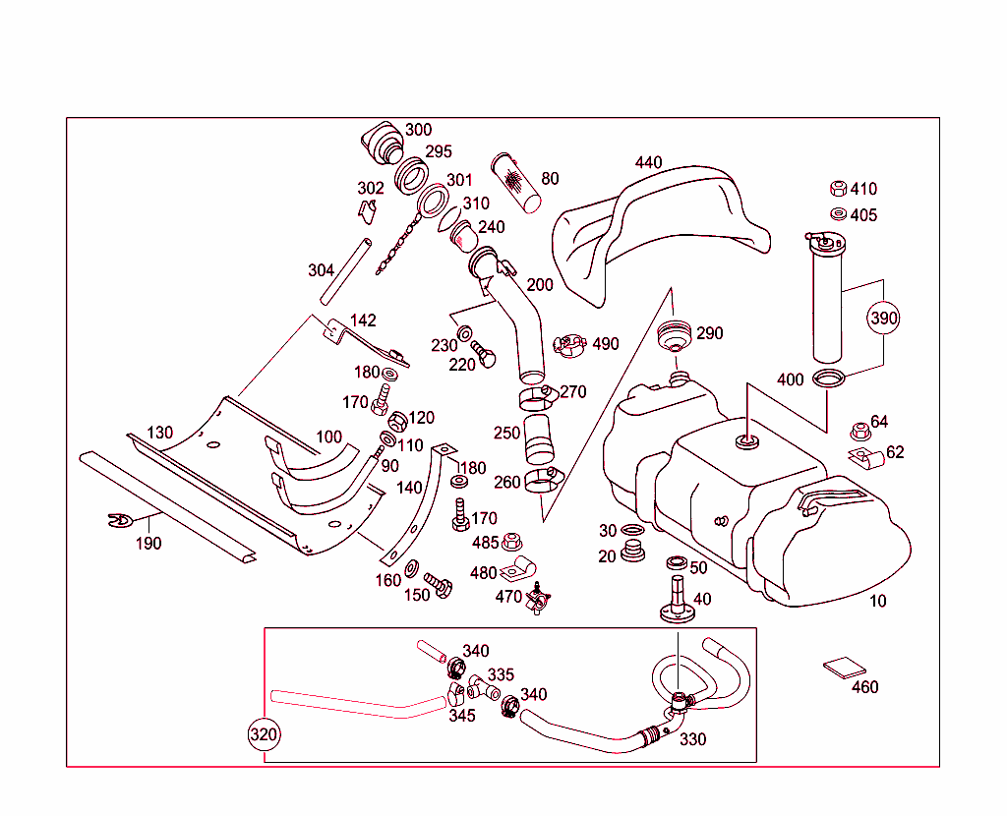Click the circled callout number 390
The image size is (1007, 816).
point(883,319)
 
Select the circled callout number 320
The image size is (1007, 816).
point(264,734)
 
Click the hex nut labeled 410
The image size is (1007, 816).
point(839,190)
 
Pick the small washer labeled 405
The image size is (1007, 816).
point(838,214)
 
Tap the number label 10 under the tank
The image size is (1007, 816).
point(877,601)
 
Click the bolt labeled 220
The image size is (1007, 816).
point(484,356)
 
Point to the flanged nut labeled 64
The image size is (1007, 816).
point(859,431)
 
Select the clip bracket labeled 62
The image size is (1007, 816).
point(861,456)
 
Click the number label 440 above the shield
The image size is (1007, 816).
point(648,162)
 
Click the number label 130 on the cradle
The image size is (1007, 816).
point(160,433)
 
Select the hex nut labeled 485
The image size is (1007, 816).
point(510,542)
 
